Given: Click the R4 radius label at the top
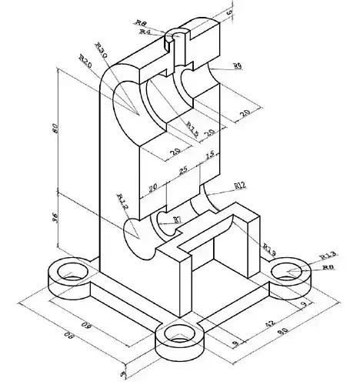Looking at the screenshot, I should click(145, 32).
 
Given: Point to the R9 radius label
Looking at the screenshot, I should click(237, 67).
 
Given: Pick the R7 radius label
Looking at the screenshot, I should click(177, 220).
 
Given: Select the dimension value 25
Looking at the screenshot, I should click(182, 169).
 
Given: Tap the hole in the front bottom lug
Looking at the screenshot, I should click(179, 335).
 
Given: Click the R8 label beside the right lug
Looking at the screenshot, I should click(327, 267).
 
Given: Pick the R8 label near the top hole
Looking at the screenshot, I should click(141, 23).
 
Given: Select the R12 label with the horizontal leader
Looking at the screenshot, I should click(239, 186).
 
